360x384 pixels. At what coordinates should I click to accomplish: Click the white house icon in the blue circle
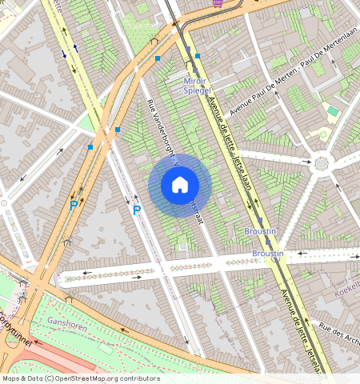[x=180, y=186]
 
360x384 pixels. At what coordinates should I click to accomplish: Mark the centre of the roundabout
[x=322, y=163]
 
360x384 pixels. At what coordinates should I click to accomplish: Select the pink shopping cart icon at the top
[x=218, y=3]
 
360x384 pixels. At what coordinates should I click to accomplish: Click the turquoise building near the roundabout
[x=333, y=110]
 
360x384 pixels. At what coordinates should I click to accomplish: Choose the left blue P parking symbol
[x=74, y=206]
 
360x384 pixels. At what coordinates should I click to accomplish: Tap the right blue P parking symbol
[x=136, y=210]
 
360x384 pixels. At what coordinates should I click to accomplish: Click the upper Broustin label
[x=260, y=230]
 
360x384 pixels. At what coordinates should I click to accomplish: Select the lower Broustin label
[x=267, y=254]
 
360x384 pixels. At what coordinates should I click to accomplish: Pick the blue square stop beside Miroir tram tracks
[x=197, y=56]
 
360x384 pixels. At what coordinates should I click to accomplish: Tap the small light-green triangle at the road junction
[x=85, y=124]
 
